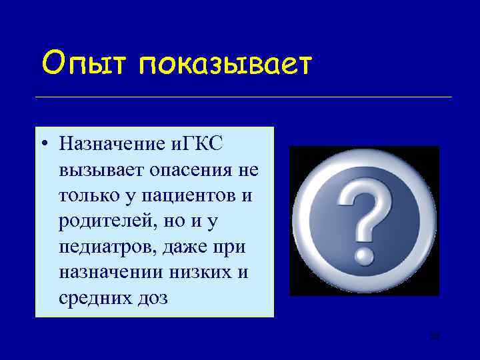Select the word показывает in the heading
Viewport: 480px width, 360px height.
click(226, 64)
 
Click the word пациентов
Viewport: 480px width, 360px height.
click(189, 195)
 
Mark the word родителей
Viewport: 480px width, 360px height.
click(97, 221)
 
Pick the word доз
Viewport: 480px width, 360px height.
click(151, 299)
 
